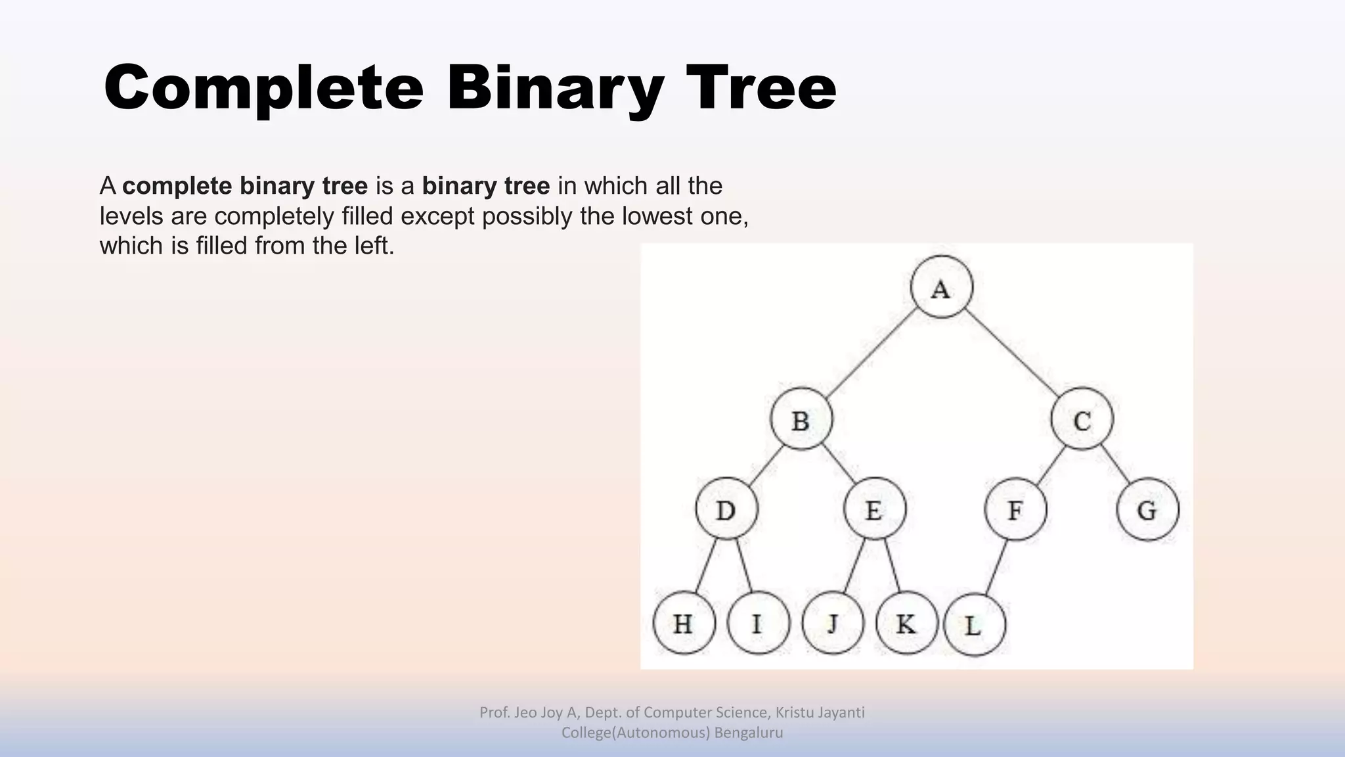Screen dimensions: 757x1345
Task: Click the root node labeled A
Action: point(942,287)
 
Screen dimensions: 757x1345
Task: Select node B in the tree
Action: point(801,419)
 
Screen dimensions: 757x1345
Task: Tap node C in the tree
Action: point(1082,419)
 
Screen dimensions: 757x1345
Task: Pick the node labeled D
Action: point(726,509)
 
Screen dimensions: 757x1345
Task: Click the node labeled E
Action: point(874,509)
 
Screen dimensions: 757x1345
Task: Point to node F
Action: point(1015,509)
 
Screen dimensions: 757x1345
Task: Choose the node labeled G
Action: point(1147,509)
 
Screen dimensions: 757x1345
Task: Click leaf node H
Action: point(684,622)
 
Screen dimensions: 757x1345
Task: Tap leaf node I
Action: point(758,622)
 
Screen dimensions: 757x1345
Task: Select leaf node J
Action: point(832,622)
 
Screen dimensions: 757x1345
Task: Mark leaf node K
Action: point(906,622)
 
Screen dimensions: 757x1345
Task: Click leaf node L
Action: point(974,625)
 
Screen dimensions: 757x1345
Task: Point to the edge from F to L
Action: point(996,567)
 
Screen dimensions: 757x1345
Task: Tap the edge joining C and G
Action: point(1116,465)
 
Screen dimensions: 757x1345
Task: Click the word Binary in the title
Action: point(555,89)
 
